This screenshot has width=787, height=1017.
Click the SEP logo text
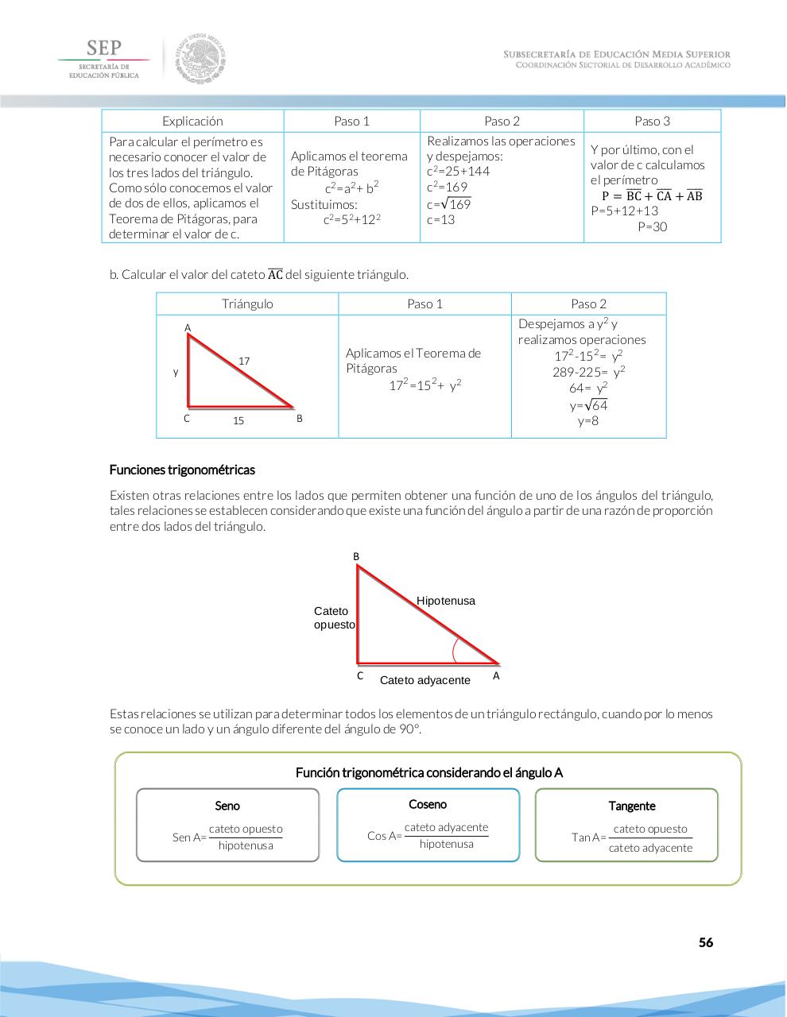104,48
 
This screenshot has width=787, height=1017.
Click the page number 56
705,942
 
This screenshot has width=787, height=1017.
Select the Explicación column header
192,121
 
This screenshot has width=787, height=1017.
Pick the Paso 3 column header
652,121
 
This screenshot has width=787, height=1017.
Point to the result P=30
652,226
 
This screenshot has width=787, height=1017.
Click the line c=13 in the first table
441,219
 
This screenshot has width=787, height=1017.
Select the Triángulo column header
247,304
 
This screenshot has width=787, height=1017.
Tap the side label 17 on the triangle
244,362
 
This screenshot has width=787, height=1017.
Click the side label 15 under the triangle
238,421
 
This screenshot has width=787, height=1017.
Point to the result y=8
588,421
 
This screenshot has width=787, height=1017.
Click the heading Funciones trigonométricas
182,470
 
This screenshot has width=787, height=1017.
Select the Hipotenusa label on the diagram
445,601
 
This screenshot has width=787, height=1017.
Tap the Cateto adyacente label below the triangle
425,680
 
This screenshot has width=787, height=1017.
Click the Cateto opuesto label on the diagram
334,618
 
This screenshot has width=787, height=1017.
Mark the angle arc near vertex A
456,650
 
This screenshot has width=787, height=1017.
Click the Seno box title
227,806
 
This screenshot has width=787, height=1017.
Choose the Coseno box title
428,804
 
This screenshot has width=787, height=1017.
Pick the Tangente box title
632,806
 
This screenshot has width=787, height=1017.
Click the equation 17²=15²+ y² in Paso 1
425,385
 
